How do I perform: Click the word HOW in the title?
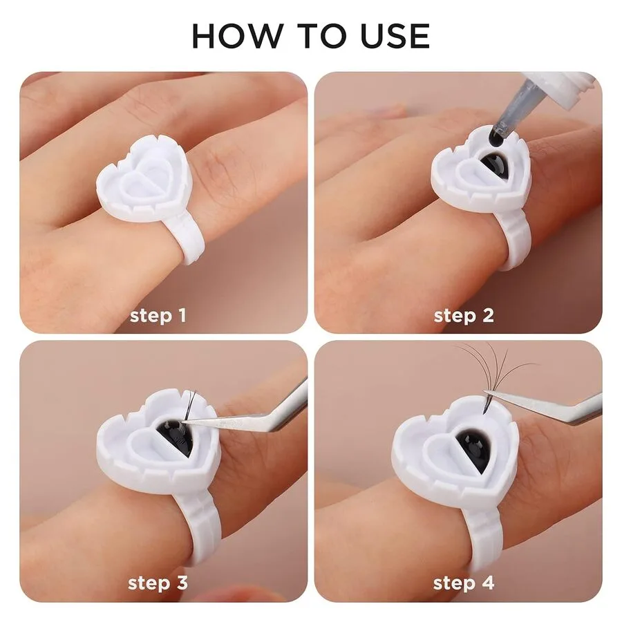click(x=236, y=36)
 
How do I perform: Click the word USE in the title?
click(x=395, y=36)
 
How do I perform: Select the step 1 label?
click(x=158, y=316)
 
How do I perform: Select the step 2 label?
click(x=464, y=316)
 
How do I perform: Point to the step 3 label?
click(x=158, y=583)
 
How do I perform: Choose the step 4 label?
click(x=464, y=583)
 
